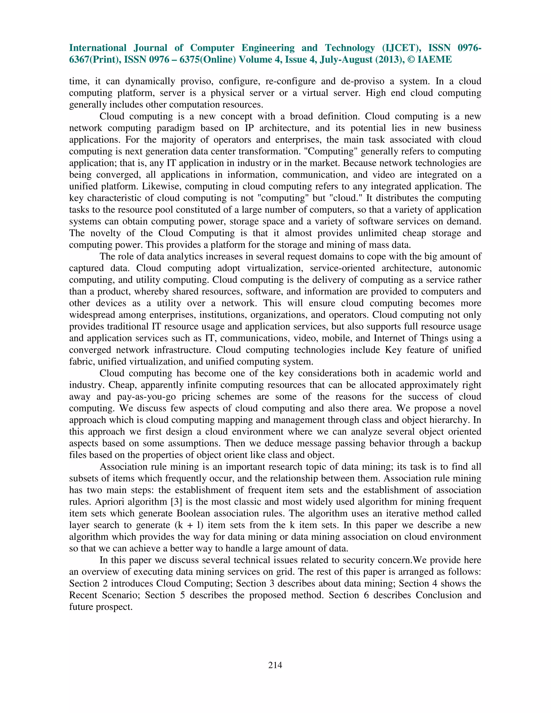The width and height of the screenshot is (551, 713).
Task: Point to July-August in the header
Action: [x=337, y=60]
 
